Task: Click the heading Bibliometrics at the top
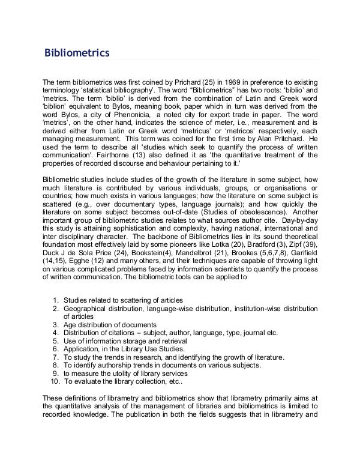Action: (76, 53)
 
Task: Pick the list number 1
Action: (55, 300)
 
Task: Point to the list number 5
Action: (55, 340)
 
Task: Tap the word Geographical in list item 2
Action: (86, 308)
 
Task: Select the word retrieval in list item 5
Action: (165, 340)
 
